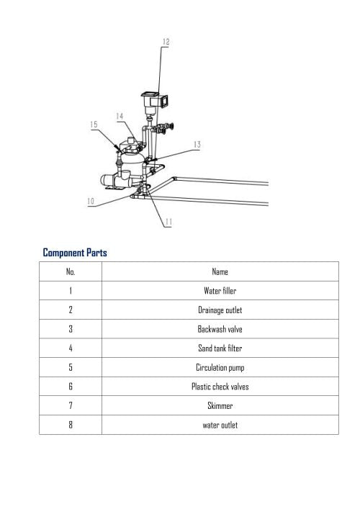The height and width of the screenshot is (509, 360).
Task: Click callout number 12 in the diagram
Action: click(166, 42)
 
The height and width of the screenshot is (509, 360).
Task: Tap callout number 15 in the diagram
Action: click(94, 125)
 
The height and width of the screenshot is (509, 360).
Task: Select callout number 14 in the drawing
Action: click(120, 116)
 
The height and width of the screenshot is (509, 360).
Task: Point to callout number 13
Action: click(197, 145)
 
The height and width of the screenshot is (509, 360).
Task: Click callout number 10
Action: click(91, 202)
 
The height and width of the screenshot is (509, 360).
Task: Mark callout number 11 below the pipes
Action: click(168, 222)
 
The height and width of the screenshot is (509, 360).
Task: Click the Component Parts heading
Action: click(75, 253)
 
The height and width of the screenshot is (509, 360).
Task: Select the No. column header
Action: click(71, 271)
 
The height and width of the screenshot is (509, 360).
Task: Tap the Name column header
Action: click(220, 271)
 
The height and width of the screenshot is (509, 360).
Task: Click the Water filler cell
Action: click(220, 291)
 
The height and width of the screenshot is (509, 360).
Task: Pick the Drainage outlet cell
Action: click(220, 310)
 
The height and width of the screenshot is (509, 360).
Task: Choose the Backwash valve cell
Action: click(220, 329)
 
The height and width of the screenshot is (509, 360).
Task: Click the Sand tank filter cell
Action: click(220, 348)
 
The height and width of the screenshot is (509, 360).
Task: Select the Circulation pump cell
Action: click(220, 367)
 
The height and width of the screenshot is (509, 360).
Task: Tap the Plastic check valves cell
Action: click(220, 387)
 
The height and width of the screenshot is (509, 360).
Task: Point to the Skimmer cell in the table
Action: click(220, 405)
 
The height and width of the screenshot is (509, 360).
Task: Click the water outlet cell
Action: click(220, 425)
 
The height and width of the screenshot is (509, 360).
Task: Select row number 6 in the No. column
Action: click(71, 387)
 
